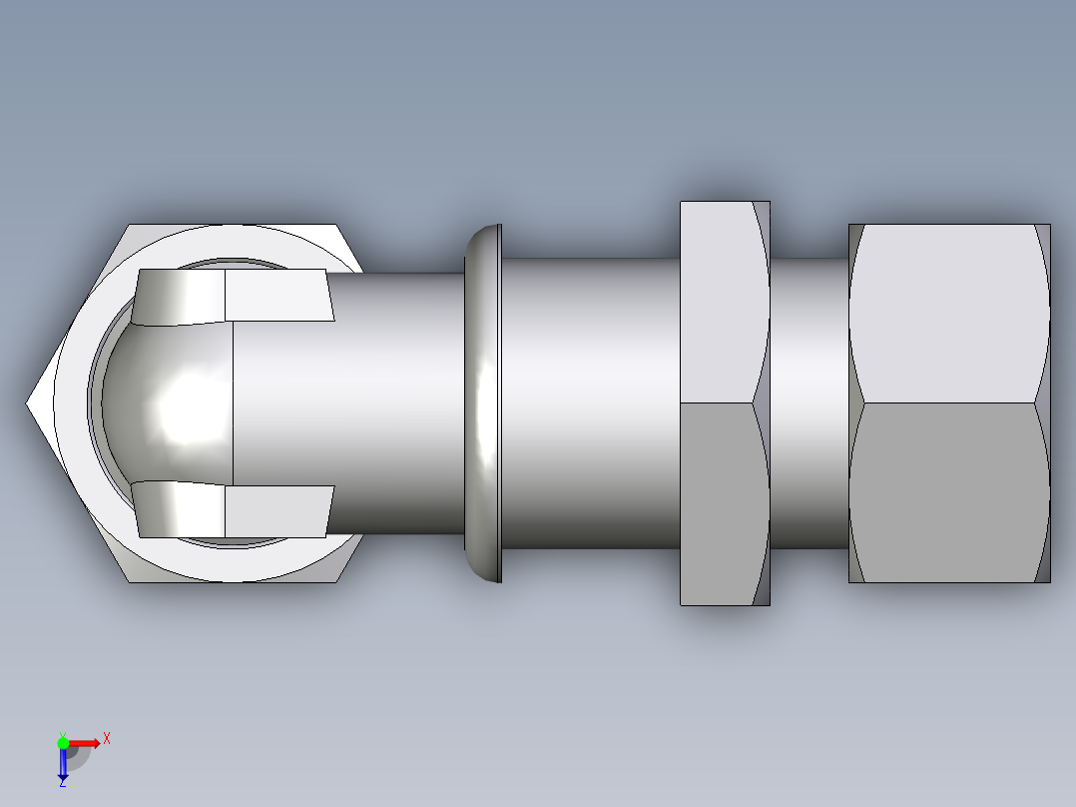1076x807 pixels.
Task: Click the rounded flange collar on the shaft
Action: [x=485, y=403]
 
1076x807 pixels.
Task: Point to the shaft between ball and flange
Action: [x=399, y=403]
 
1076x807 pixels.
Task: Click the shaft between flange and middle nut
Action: [x=589, y=403]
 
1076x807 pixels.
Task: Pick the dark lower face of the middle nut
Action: [x=719, y=504]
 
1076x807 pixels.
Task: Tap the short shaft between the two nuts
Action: [x=808, y=403]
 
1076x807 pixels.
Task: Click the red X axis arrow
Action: [x=87, y=742]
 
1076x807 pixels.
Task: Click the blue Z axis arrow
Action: [x=63, y=763]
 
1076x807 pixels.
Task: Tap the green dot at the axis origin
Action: [x=63, y=742]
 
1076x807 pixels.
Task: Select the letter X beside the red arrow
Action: [x=107, y=739]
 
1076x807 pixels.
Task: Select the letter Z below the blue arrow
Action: [x=62, y=782]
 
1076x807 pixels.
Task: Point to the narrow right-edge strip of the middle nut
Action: [x=762, y=403]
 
